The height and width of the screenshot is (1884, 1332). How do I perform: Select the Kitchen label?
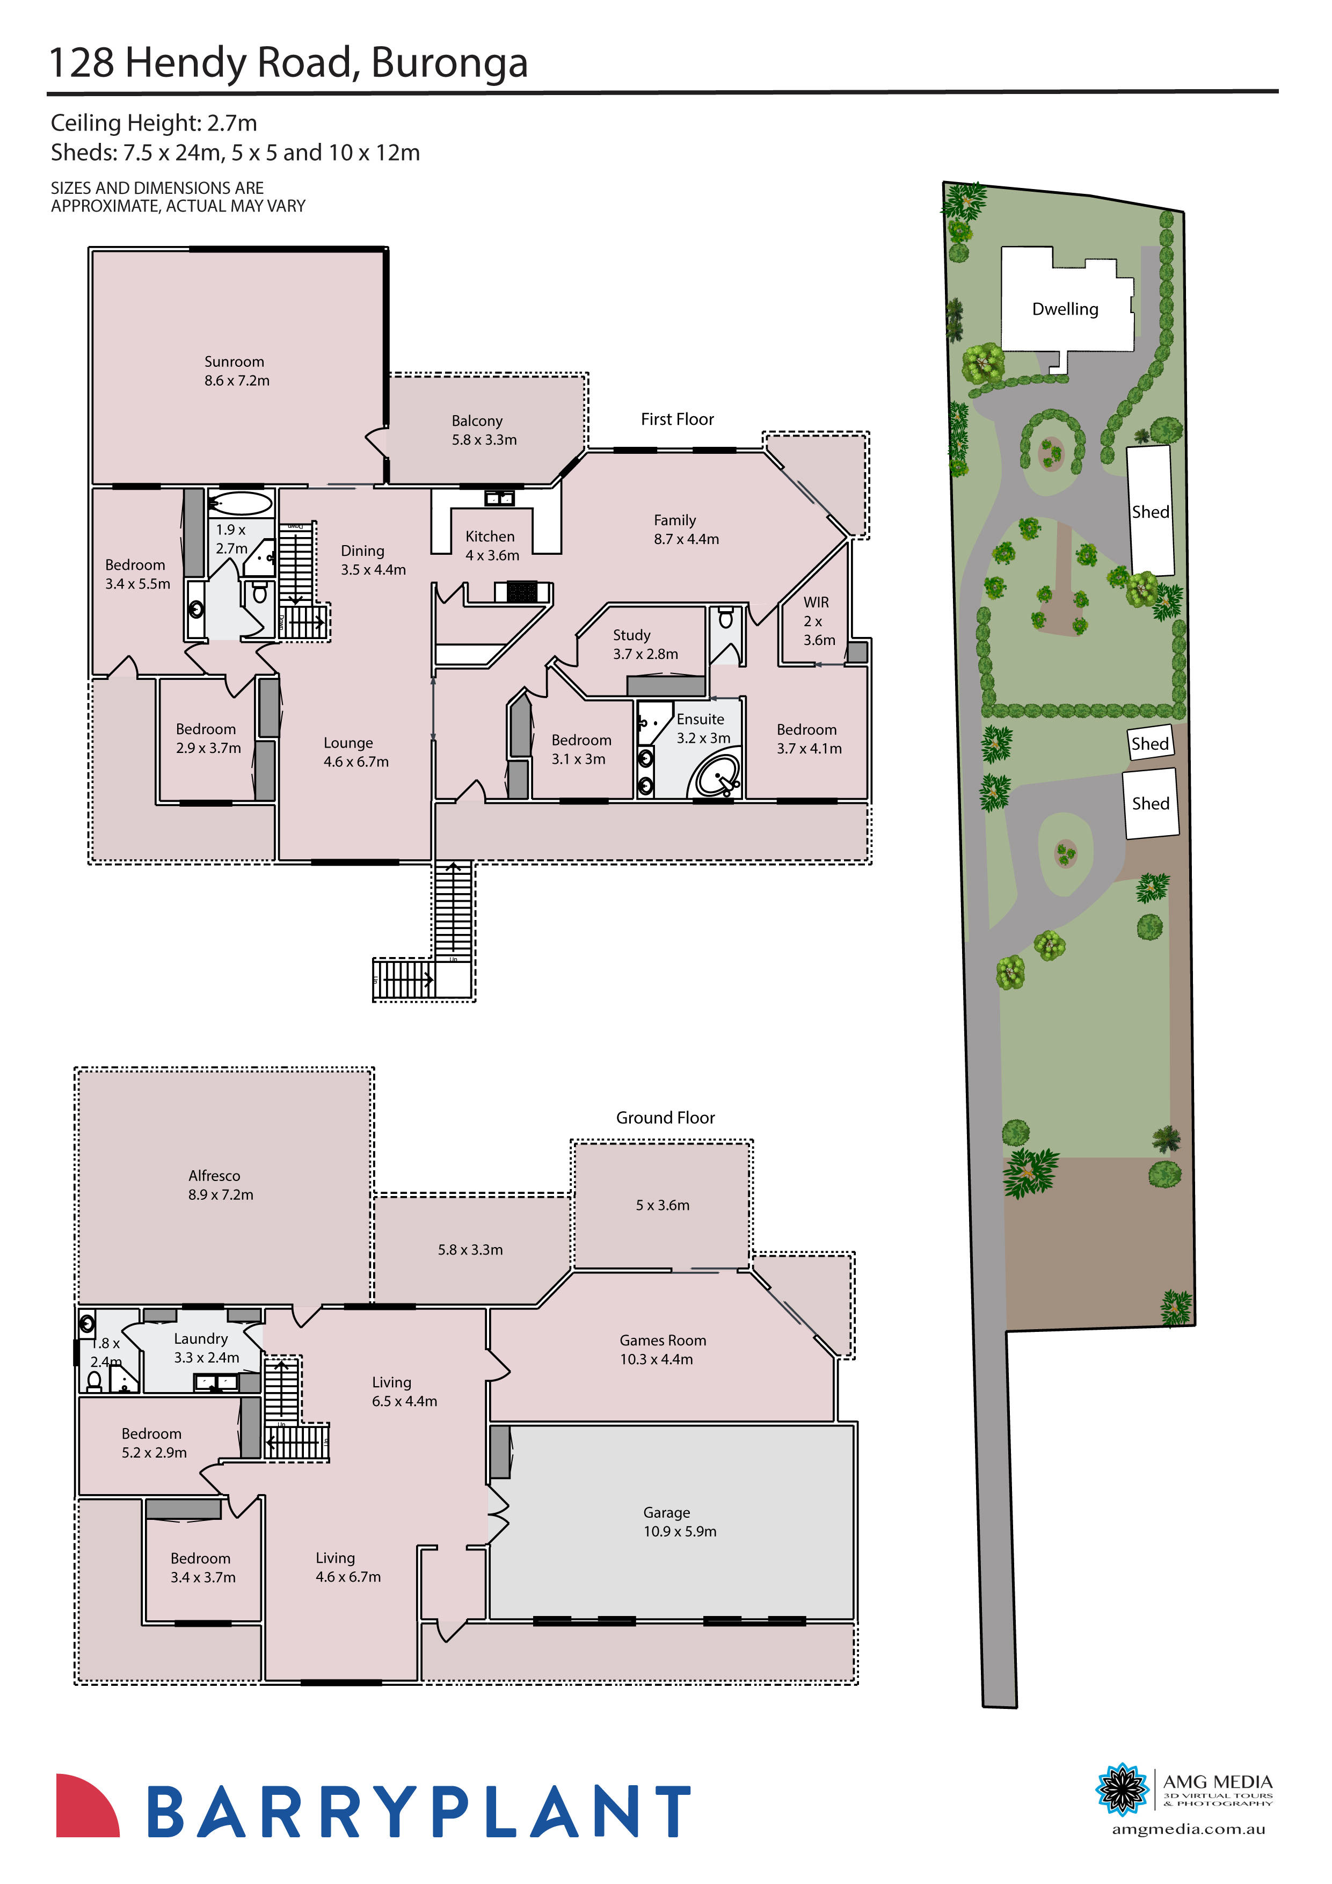tap(491, 545)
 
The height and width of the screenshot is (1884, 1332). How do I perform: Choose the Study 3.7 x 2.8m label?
tap(645, 644)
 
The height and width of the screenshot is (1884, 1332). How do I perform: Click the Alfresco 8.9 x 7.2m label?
tap(219, 1185)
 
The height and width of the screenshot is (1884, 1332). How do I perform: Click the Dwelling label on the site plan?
tap(1065, 309)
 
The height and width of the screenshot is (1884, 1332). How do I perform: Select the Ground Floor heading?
tap(665, 1118)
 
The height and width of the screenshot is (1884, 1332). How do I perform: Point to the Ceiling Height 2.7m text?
tap(154, 123)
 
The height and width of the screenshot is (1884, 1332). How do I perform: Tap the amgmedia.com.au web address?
tap(1188, 1829)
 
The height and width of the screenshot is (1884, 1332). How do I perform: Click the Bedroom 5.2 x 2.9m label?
tap(154, 1443)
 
